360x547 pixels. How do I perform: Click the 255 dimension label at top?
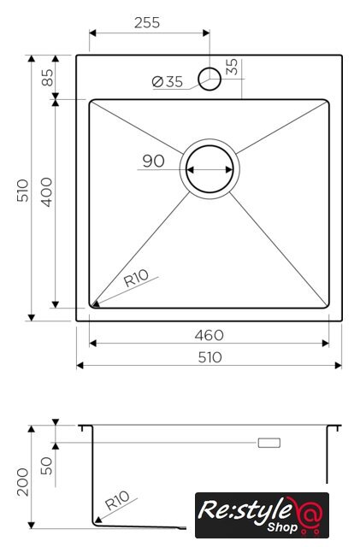147,23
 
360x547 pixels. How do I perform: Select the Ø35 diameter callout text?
168,82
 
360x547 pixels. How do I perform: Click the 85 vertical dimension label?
48,78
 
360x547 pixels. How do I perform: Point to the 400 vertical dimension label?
46,192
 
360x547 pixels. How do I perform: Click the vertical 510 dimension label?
23,191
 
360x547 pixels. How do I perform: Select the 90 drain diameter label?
153,162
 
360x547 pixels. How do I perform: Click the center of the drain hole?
210,169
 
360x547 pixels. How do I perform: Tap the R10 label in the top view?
136,279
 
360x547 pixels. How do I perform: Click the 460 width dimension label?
210,336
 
